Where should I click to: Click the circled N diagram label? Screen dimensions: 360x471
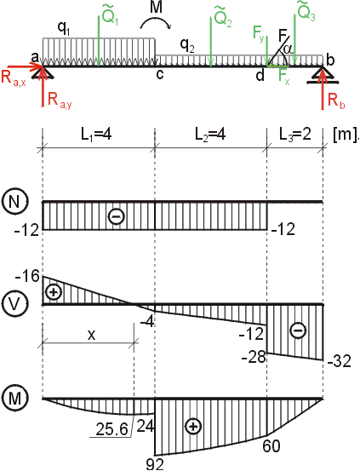15,201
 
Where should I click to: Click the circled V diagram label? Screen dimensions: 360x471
15,305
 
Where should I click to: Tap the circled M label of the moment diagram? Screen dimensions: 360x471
15,399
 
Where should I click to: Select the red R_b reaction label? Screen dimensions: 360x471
336,101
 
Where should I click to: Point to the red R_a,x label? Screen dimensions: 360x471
14,78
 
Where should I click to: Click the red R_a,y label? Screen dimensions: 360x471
60,100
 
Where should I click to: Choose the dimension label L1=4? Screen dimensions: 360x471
96,135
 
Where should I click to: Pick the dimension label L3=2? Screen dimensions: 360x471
294,135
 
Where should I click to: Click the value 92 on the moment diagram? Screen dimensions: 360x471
155,464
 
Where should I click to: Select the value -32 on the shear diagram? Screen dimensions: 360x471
339,362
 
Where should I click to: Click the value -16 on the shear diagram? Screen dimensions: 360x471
27,276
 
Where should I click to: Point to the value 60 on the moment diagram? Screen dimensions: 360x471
271,446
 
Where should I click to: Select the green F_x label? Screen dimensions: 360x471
283,77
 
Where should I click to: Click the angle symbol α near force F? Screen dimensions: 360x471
289,49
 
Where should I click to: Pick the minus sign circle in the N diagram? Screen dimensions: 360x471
117,216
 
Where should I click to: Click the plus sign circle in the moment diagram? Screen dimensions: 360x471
193,427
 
